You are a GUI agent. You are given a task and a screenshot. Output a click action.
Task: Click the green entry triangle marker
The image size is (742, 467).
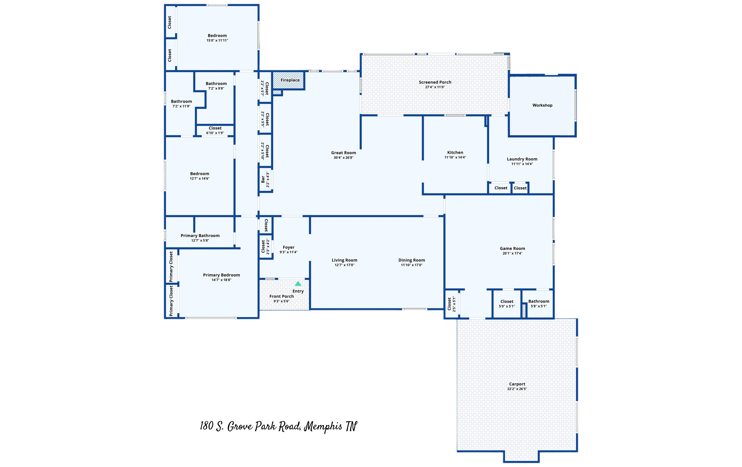point(298,283)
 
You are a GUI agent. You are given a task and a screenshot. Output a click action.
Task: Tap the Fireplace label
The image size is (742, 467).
point(290,80)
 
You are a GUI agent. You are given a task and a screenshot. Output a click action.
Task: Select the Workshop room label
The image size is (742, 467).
point(542,105)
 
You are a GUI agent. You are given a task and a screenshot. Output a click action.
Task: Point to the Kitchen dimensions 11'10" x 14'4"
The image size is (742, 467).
point(455,157)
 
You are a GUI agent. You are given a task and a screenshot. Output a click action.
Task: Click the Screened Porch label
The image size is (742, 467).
point(435,82)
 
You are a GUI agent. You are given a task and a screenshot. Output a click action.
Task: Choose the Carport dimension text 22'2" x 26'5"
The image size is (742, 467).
point(517,389)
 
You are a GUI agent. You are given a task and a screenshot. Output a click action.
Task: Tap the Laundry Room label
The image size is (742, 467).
point(522,159)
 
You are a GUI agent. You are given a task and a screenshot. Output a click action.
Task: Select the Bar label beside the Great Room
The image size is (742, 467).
point(263,179)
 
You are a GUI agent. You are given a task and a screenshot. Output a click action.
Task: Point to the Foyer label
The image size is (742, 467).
point(288,247)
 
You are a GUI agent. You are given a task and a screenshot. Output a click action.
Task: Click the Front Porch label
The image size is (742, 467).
point(281,296)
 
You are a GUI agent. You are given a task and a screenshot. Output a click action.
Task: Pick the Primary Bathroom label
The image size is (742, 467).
point(200,236)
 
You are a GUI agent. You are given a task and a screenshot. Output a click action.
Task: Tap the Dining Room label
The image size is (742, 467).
point(412,260)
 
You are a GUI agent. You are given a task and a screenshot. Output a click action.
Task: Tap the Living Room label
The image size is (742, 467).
point(344,260)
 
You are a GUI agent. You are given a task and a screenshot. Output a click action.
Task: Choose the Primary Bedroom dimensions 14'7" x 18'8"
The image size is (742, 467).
point(221,280)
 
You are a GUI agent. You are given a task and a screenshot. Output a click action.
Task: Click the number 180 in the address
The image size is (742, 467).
point(207,426)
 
